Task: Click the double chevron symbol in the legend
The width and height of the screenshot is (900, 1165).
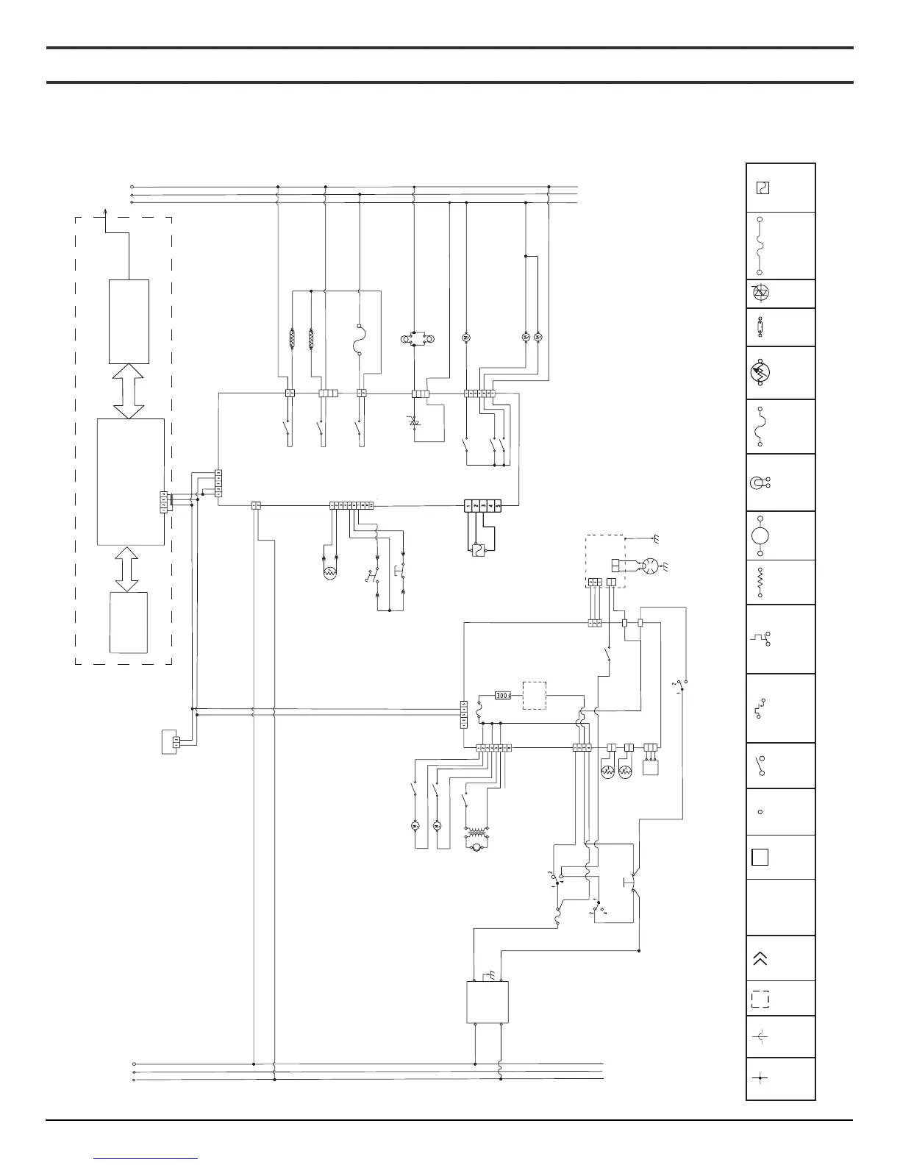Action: pos(760,958)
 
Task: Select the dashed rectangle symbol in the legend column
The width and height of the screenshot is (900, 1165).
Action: pos(760,1000)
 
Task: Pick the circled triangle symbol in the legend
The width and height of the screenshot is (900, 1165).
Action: pos(760,293)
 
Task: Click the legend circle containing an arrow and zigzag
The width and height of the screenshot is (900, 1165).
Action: pos(760,374)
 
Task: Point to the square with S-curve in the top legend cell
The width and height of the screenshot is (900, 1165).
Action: pos(762,188)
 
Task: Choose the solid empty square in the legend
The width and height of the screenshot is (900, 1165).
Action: pos(760,857)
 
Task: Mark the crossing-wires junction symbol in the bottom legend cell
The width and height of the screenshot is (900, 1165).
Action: pos(760,1079)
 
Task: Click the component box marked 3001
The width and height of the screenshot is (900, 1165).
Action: pos(503,694)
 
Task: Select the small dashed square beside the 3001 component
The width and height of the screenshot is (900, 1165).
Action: pos(535,696)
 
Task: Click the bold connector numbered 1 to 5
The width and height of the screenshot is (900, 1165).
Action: pos(482,506)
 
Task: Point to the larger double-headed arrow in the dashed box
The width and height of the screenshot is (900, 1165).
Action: pos(129,391)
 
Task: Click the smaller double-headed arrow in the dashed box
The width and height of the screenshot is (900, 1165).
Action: pos(128,569)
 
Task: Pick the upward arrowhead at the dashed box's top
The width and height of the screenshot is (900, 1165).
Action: pos(105,213)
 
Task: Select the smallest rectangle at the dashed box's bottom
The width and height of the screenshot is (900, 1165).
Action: pos(128,622)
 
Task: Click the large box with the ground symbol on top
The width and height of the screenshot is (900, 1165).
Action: pos(488,1002)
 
